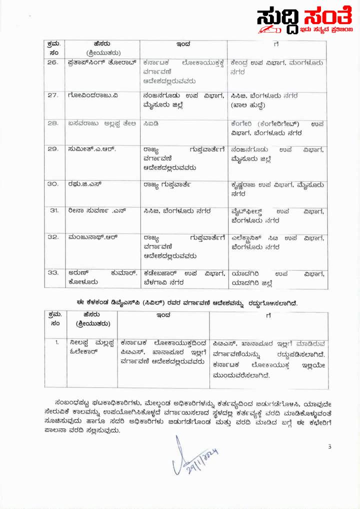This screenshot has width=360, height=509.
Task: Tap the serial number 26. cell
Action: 52,63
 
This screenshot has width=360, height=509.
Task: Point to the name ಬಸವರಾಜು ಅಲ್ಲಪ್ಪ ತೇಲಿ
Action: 98,123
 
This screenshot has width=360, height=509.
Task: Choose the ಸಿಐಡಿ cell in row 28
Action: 150,123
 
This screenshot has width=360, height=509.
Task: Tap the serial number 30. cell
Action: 52,184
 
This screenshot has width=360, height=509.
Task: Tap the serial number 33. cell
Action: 52,273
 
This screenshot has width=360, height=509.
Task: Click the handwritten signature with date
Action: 194,455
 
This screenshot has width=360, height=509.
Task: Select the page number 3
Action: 329,446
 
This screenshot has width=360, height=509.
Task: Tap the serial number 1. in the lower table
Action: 57,342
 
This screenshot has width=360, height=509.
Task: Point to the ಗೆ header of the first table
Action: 276,44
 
